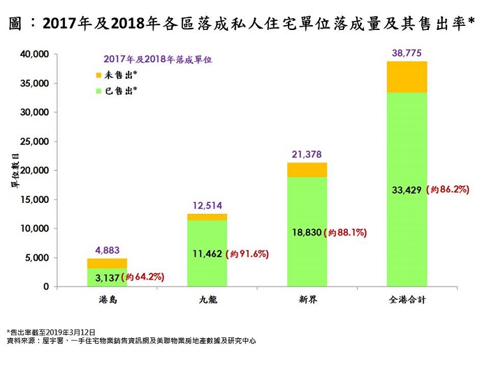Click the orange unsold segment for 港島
click(107, 264)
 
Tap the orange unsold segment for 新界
click(307, 169)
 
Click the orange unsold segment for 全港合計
click(407, 77)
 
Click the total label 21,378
click(307, 153)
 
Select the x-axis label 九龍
click(207, 300)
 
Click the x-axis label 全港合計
click(407, 300)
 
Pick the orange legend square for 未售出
click(96, 74)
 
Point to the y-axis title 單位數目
click(13, 170)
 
